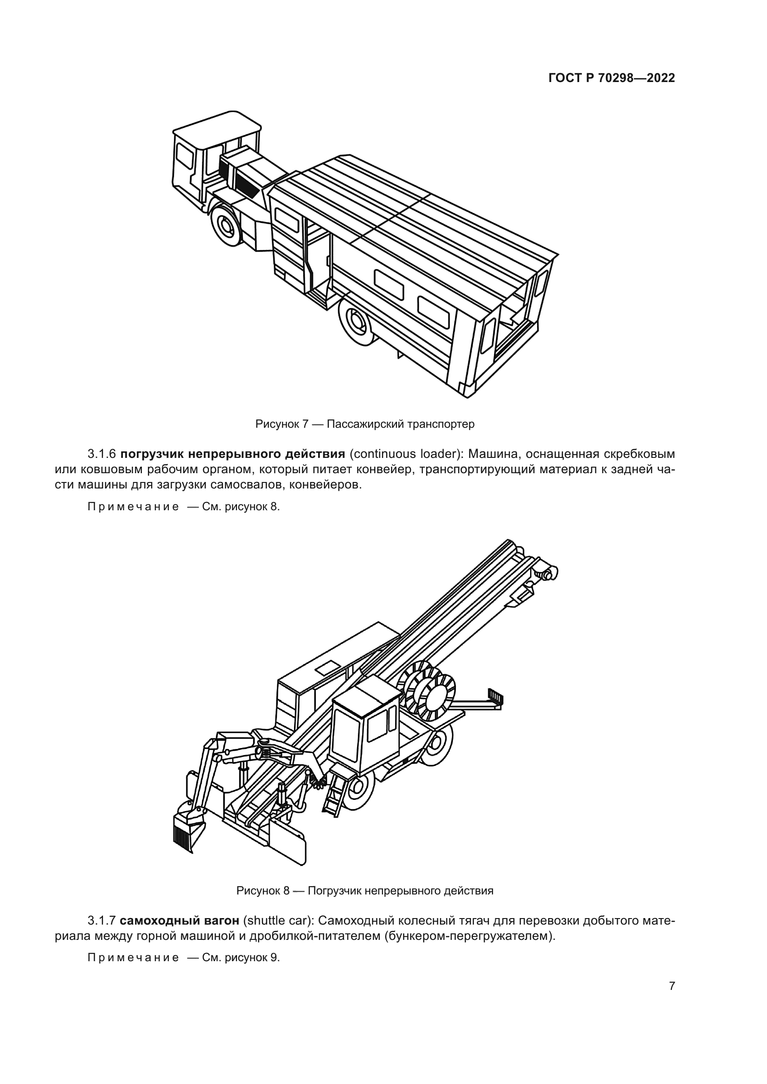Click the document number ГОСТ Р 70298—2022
pos(612,78)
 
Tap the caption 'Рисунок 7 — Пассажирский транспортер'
pos(364,424)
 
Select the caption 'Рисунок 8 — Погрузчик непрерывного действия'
pos(364,891)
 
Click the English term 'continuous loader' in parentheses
pos(406,454)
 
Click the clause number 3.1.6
pos(102,454)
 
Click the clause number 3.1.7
pos(102,921)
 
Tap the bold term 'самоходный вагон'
pos(179,921)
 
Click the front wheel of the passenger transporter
pos(226,226)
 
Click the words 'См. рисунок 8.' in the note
pos(241,507)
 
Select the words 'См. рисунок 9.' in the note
pos(241,957)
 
